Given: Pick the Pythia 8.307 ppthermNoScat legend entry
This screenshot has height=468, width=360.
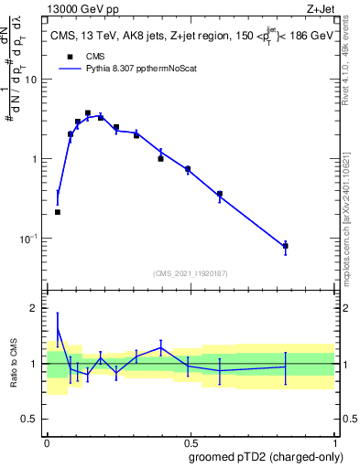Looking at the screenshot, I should [x=128, y=68].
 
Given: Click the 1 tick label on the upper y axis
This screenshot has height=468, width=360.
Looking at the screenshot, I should [x=37, y=158].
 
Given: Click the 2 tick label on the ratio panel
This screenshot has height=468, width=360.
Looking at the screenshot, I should [x=37, y=308].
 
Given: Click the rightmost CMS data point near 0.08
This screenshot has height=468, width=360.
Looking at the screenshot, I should [x=286, y=246].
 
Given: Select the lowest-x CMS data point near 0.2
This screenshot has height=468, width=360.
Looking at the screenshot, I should [x=58, y=212].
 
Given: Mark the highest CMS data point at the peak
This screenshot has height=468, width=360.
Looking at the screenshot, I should [x=88, y=113].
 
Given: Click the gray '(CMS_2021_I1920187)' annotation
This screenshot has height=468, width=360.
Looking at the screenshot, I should [x=190, y=273].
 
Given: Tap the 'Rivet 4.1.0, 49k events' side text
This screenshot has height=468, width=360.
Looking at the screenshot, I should [x=351, y=55].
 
